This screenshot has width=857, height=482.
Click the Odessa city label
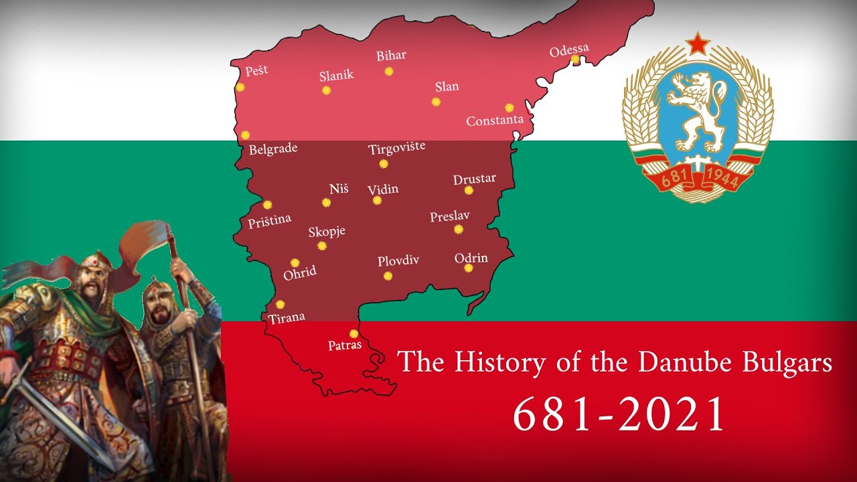point(569,50)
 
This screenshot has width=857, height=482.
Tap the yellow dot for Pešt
point(240,87)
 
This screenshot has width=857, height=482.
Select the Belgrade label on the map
point(272,149)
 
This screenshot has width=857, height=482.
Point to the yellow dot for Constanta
point(510,108)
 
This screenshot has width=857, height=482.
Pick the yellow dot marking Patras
point(354,333)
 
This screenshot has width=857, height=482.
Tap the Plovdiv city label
point(398,260)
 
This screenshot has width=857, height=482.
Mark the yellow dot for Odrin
point(469,268)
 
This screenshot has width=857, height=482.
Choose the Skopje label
point(327,232)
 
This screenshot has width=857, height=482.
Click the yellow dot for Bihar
point(389,72)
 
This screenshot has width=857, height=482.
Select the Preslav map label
point(449,216)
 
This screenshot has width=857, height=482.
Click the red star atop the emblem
point(698,45)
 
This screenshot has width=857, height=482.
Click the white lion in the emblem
point(696,110)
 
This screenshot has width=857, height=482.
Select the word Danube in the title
point(677,362)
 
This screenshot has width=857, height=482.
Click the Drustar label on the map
point(474,179)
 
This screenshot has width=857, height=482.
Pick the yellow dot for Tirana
point(280,305)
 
